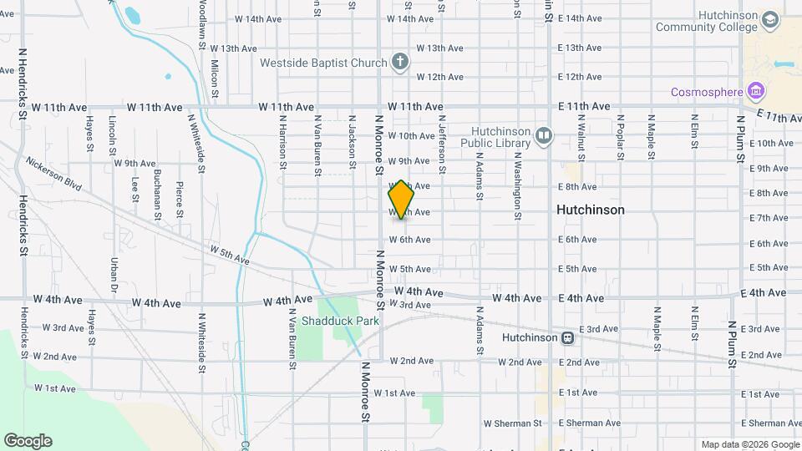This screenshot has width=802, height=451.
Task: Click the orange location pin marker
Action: [401, 200]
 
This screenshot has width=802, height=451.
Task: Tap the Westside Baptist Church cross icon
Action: [400, 62]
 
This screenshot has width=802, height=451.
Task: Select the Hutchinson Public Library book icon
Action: [544, 136]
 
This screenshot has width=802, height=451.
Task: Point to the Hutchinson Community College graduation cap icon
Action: [769, 19]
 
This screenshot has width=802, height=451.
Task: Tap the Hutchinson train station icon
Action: [567, 338]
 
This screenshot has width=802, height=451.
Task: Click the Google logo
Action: [28, 440]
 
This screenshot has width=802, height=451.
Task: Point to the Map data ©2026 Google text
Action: [749, 444]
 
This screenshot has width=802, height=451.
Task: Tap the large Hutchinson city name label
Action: [590, 210]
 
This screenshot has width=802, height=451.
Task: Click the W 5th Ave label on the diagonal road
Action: [230, 255]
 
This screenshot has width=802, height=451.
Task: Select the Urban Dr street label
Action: [114, 275]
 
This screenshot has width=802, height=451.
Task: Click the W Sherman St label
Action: [507, 423]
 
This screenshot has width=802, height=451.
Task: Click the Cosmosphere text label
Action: [710, 90]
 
